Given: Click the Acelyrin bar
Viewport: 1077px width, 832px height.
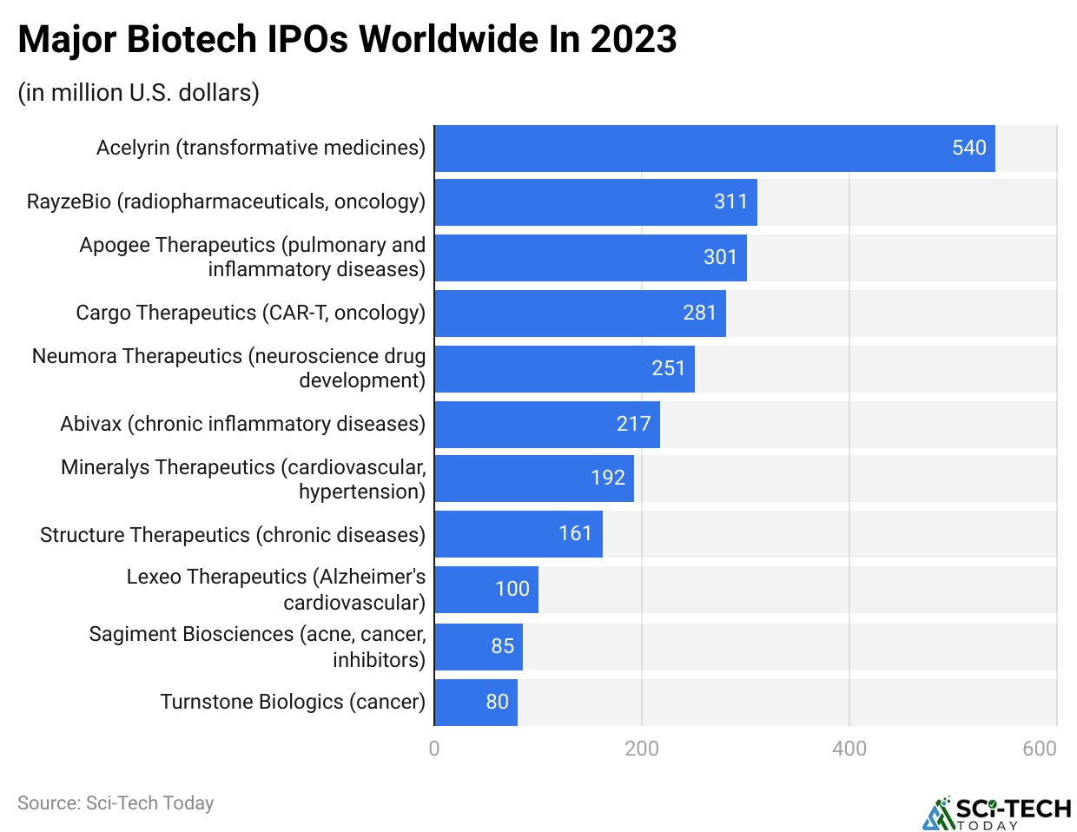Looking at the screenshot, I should pyautogui.click(x=714, y=149).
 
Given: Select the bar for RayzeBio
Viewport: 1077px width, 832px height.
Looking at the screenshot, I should pyautogui.click(x=595, y=202).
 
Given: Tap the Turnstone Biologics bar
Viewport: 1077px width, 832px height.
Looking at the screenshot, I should pyautogui.click(x=475, y=702).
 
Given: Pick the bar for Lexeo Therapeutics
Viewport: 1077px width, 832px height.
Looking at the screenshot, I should pyautogui.click(x=486, y=590).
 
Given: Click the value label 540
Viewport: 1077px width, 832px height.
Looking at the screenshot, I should pyautogui.click(x=968, y=149).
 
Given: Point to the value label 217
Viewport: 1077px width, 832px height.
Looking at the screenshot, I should pyautogui.click(x=633, y=424).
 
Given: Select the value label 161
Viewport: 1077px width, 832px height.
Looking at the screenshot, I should pyautogui.click(x=575, y=533).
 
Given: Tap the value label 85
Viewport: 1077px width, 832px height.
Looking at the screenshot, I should pyautogui.click(x=502, y=646).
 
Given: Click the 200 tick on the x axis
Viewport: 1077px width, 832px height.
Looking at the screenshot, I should pyautogui.click(x=642, y=749).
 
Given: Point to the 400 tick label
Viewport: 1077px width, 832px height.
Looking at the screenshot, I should pyautogui.click(x=849, y=749).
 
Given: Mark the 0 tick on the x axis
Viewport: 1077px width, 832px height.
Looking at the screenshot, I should pyautogui.click(x=434, y=749).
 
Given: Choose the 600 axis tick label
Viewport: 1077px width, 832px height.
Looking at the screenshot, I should pyautogui.click(x=1039, y=749).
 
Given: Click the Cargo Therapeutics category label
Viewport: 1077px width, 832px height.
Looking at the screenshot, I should pyautogui.click(x=250, y=313).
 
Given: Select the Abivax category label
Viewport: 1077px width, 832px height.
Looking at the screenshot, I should pyautogui.click(x=242, y=424).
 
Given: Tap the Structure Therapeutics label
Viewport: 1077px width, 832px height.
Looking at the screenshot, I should pyautogui.click(x=233, y=535).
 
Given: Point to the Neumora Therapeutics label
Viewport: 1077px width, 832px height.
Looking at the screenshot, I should pyautogui.click(x=228, y=368).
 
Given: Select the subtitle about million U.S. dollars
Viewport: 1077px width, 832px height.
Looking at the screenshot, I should pyautogui.click(x=139, y=92).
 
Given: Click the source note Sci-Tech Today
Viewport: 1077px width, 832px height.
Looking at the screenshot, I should pyautogui.click(x=116, y=803).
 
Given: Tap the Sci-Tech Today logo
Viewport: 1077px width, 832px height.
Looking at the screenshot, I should pyautogui.click(x=996, y=814).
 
